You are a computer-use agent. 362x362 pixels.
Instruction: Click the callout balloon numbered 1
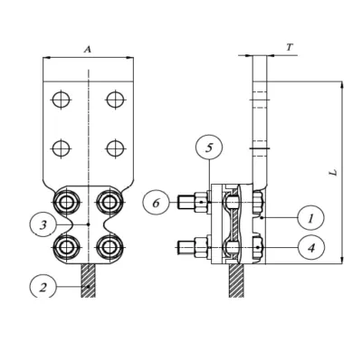310,217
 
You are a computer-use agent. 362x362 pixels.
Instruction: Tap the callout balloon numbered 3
43,224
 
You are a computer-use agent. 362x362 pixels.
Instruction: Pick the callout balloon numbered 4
311,247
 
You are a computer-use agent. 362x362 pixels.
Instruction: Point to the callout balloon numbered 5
209,148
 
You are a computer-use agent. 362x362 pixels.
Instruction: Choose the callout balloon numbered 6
156,202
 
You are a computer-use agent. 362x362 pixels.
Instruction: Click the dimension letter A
87,49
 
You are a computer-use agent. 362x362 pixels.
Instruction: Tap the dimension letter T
290,47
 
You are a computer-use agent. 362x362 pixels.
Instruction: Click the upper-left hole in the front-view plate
61,100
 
